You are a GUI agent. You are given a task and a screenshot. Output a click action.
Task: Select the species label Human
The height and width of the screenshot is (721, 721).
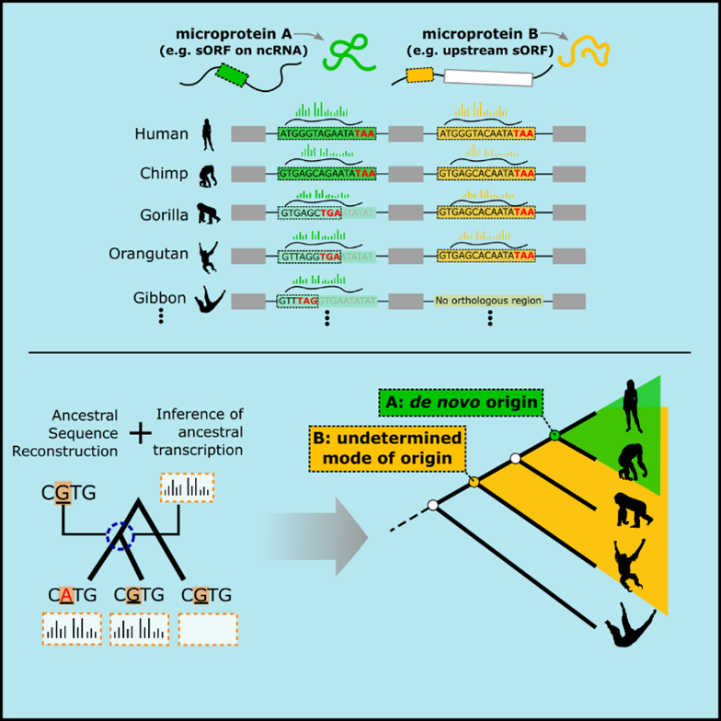tap(161, 134)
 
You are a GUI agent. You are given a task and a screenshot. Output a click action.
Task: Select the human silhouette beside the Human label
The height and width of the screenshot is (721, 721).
tap(208, 134)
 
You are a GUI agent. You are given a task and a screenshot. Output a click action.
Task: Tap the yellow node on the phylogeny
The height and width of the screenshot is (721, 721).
tap(475, 481)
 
